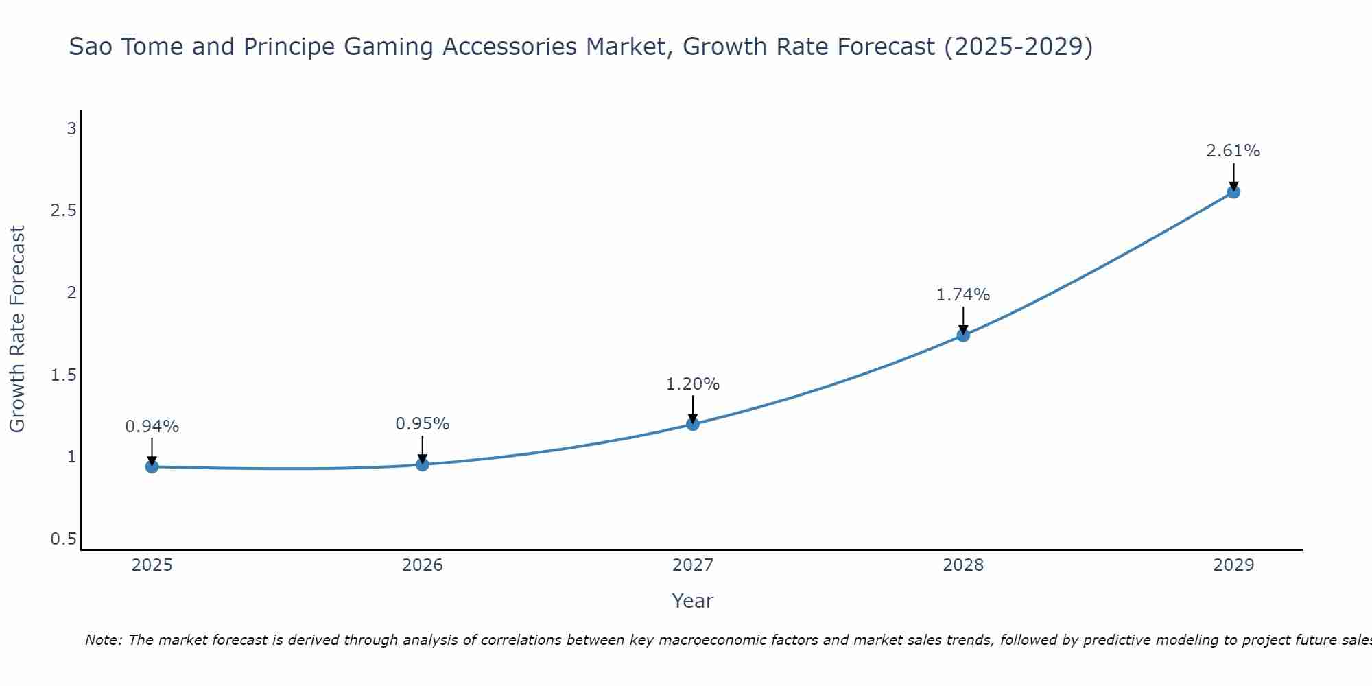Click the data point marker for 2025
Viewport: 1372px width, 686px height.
tap(152, 466)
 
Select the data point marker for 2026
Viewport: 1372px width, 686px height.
tap(423, 464)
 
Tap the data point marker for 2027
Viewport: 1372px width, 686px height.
tap(693, 424)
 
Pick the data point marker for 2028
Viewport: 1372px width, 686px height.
tap(963, 335)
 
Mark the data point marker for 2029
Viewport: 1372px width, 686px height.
tap(1233, 191)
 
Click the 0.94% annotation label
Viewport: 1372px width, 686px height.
tap(152, 427)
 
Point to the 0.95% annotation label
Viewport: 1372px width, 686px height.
tap(423, 424)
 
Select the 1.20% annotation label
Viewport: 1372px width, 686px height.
tap(693, 384)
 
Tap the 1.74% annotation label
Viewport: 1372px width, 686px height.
tap(963, 295)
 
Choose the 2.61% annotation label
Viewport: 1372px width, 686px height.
tap(1233, 151)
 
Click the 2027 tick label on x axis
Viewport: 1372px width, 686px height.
tap(693, 565)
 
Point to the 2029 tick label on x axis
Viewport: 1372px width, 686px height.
tap(1233, 565)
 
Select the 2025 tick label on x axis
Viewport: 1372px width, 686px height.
tap(152, 565)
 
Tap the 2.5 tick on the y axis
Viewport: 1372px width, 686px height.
tap(63, 211)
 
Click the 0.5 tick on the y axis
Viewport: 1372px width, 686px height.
tap(63, 539)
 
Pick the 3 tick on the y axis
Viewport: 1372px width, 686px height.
tap(71, 128)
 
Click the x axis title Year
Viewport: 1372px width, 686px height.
tap(693, 601)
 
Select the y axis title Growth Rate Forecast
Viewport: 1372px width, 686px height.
tap(18, 329)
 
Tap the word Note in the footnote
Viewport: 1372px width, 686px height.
tap(103, 640)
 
